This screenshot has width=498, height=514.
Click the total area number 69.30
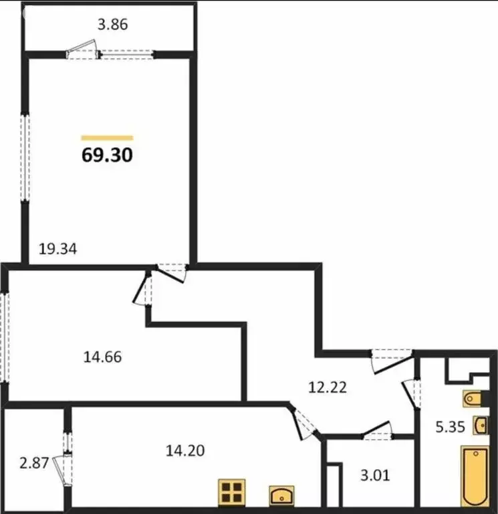point(107,155)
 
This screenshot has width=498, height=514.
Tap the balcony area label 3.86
point(112,25)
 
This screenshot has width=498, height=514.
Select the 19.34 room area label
point(57,250)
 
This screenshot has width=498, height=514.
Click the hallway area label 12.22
point(327,386)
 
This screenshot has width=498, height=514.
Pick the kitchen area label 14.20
point(185,450)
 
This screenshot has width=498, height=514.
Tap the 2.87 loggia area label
point(34,462)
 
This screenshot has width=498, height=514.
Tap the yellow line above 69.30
point(107,138)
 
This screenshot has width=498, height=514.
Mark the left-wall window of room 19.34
point(25,157)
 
